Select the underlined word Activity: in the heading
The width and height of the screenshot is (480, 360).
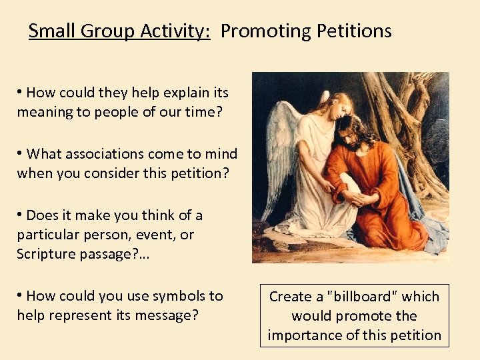tap(178, 31)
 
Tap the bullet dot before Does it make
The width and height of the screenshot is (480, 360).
tap(21, 215)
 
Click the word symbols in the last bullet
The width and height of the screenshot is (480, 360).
tap(174, 295)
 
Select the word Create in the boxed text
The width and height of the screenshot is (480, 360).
tap(291, 297)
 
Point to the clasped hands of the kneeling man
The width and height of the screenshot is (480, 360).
tap(357, 199)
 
